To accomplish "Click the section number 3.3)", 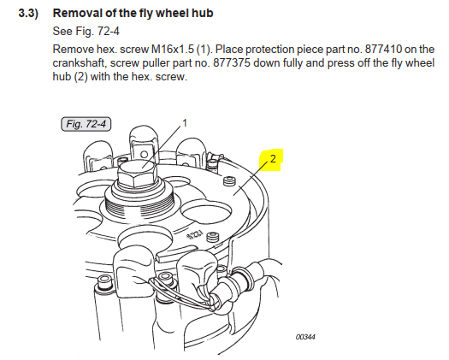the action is click(x=28, y=13).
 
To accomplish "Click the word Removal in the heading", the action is click(x=74, y=13).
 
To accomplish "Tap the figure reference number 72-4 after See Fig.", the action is click(x=109, y=31).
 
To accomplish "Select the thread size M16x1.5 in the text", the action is click(x=173, y=50).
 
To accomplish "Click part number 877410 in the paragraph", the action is click(x=383, y=50).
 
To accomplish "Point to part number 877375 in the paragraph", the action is click(x=232, y=62).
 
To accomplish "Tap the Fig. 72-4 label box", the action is click(x=86, y=124).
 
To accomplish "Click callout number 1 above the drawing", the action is click(x=185, y=123).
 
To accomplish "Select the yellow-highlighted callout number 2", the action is click(x=273, y=158).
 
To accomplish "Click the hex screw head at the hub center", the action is click(x=138, y=174).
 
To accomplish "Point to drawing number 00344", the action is click(x=305, y=337).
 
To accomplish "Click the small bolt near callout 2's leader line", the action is click(x=229, y=181).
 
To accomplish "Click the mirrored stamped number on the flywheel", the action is click(x=195, y=235).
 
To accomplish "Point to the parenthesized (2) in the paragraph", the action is click(x=80, y=77).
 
